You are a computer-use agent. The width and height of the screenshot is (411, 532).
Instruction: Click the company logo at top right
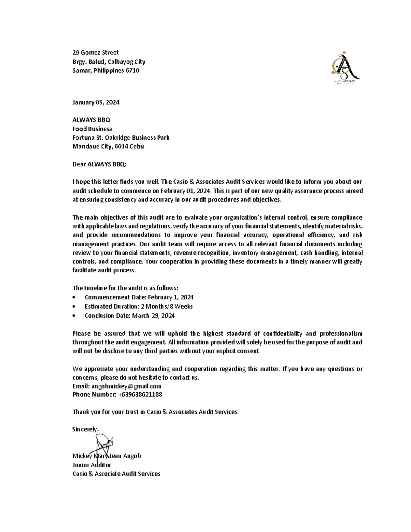(344, 69)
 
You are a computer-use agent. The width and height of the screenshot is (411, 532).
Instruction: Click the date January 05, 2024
(96, 102)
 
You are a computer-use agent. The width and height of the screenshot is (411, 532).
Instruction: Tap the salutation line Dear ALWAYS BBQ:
(99, 164)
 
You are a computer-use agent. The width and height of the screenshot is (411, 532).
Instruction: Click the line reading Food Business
(92, 129)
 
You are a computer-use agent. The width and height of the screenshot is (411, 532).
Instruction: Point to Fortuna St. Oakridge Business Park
(121, 138)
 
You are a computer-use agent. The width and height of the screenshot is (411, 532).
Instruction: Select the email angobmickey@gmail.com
(126, 386)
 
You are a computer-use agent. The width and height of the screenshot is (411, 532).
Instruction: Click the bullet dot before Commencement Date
(74, 298)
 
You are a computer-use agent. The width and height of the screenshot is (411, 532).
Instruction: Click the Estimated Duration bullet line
(138, 307)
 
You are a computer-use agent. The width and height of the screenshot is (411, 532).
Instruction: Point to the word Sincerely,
(85, 429)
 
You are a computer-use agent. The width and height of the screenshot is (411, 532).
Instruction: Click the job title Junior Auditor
(91, 465)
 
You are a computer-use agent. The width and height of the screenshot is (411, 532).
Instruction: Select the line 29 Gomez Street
(95, 52)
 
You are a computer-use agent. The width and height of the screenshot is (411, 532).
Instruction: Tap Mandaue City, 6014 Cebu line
(108, 147)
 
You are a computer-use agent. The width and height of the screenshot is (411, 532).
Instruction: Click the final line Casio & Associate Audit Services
(116, 474)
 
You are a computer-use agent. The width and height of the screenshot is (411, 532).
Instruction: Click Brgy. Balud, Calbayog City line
(109, 62)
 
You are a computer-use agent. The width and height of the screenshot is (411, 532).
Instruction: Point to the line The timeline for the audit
(125, 288)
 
